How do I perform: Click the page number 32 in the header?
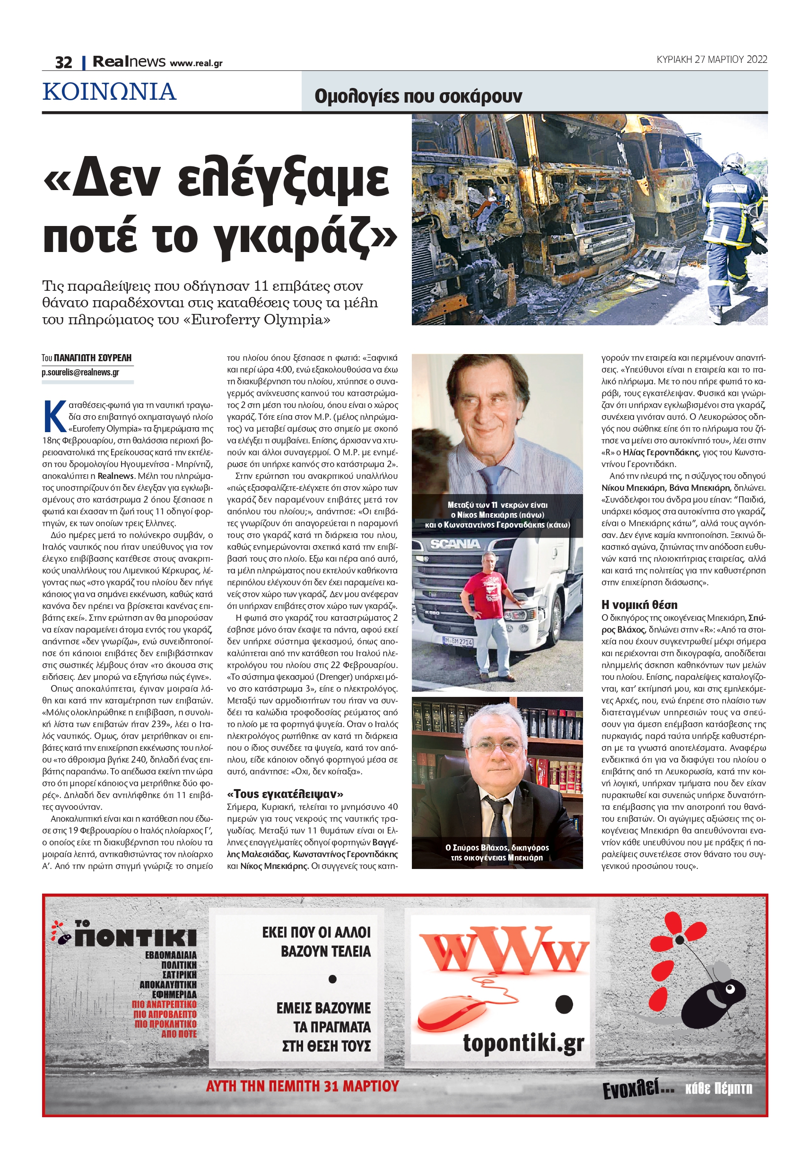(x=63, y=62)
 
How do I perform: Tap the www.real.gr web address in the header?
(x=196, y=63)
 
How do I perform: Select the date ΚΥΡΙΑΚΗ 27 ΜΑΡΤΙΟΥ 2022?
(x=712, y=60)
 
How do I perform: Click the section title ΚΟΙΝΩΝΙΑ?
(x=109, y=92)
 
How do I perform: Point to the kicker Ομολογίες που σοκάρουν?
(x=418, y=96)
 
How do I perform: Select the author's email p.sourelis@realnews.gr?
(x=80, y=372)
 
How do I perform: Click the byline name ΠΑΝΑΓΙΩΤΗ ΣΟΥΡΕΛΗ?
(x=93, y=358)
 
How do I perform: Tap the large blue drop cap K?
(x=54, y=416)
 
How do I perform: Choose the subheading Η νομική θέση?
(x=639, y=604)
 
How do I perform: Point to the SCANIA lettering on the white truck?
(x=455, y=544)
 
